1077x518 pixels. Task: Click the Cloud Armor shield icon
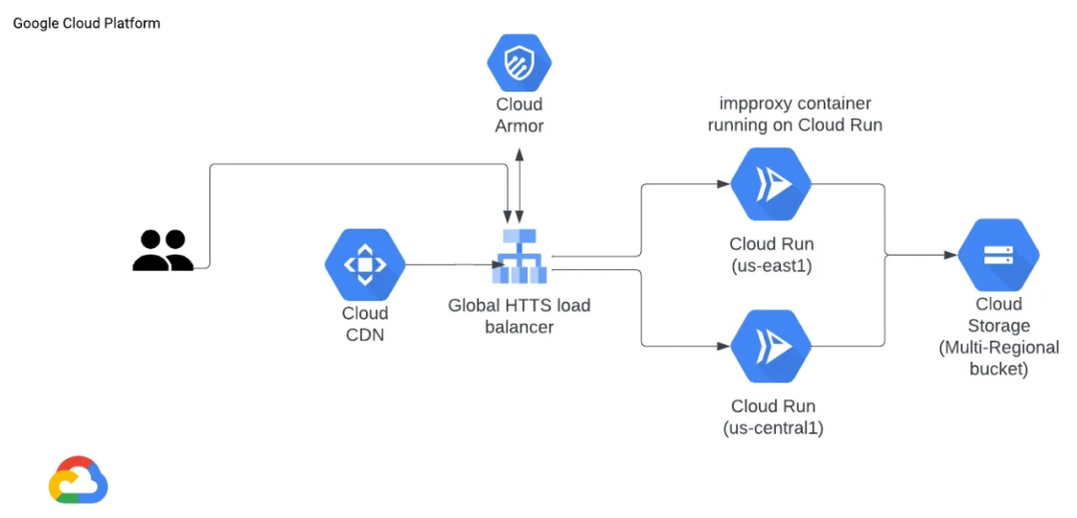pyautogui.click(x=519, y=62)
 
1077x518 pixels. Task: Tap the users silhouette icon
pyautogui.click(x=163, y=250)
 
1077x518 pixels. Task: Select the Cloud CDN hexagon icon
pyautogui.click(x=365, y=265)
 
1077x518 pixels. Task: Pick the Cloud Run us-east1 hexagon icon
pyautogui.click(x=771, y=184)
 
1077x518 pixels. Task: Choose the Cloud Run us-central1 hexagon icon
pyautogui.click(x=771, y=346)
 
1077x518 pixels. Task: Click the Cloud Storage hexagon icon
pyautogui.click(x=998, y=255)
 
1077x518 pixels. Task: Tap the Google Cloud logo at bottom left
pyautogui.click(x=78, y=480)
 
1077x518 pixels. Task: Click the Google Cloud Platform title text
pyautogui.click(x=87, y=23)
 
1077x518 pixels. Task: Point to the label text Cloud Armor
pyautogui.click(x=519, y=115)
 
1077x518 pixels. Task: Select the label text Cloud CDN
pyautogui.click(x=363, y=324)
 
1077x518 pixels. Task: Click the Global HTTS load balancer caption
pyautogui.click(x=519, y=315)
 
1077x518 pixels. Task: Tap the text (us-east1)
pyautogui.click(x=771, y=266)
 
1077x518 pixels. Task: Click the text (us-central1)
pyautogui.click(x=771, y=428)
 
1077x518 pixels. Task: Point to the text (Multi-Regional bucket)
pyautogui.click(x=998, y=359)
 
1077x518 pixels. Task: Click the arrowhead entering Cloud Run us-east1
pyautogui.click(x=722, y=184)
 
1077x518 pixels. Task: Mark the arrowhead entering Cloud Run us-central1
pyautogui.click(x=722, y=346)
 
